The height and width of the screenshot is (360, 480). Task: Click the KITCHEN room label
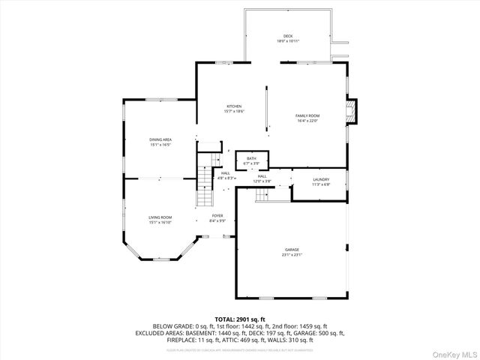click(235, 106)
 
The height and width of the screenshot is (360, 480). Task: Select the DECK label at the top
click(287, 36)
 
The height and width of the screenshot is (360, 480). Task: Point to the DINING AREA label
click(160, 139)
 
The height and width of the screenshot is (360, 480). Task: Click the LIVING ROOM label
click(160, 217)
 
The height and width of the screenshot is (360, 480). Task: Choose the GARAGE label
click(292, 249)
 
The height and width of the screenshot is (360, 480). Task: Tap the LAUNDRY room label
click(322, 179)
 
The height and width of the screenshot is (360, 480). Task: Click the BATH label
click(252, 158)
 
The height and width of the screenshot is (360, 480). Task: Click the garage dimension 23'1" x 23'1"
click(292, 254)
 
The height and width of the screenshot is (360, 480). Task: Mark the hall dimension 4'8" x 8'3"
click(226, 178)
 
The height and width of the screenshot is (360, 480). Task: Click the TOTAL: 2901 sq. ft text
click(240, 319)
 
